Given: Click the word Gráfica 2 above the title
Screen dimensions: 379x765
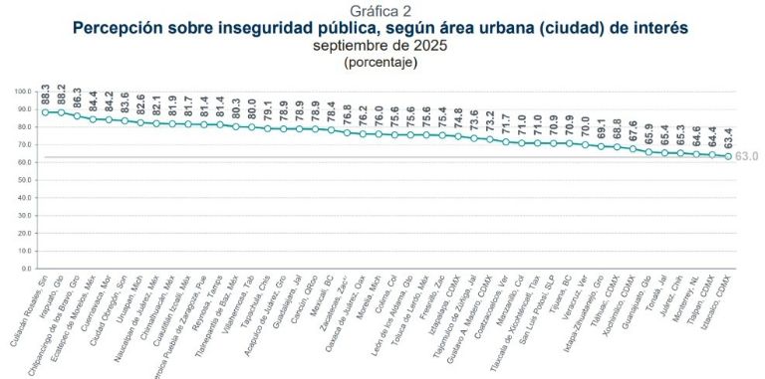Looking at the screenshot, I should tap(382, 10).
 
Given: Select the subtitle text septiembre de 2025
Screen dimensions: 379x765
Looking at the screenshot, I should tap(382, 46).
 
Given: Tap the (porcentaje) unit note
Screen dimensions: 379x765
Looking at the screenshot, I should tap(382, 62).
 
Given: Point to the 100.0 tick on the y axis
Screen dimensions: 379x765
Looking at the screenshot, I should tap(24, 91).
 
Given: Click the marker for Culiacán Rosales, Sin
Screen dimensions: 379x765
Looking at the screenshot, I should tap(45, 112).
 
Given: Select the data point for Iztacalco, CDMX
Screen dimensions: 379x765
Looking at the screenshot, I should tap(728, 156).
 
